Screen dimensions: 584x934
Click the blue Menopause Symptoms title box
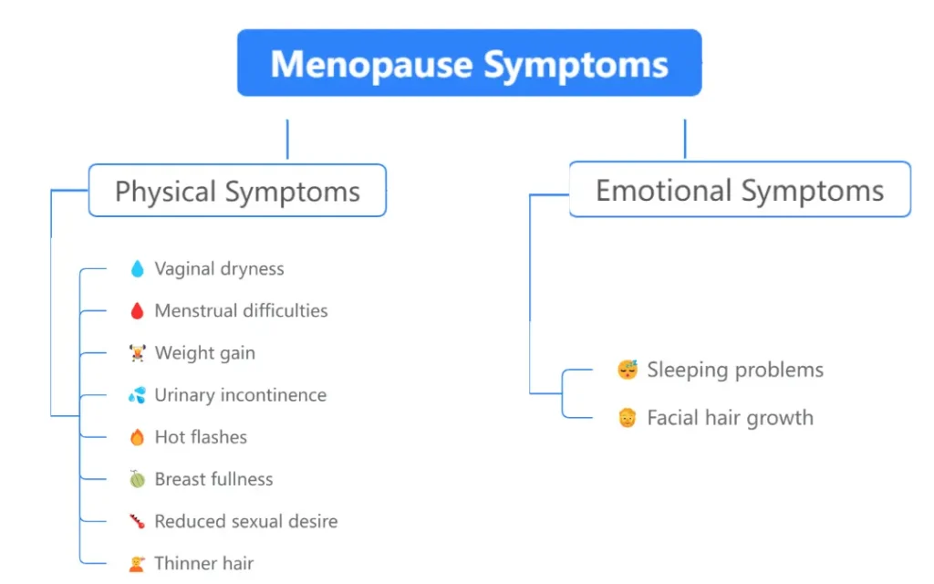[469, 63]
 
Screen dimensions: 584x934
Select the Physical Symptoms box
[237, 191]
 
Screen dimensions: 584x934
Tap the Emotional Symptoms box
[740, 190]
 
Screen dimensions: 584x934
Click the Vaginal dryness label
[219, 268]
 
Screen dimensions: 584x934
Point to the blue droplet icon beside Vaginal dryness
[137, 268]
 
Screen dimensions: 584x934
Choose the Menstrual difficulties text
[241, 310]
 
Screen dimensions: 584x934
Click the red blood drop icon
[137, 311]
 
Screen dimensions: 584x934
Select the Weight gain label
[204, 353]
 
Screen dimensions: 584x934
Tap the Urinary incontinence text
[240, 395]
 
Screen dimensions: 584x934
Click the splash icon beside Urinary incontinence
[137, 395]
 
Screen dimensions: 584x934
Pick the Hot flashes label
[201, 437]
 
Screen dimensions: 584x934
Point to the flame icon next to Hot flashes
[137, 437]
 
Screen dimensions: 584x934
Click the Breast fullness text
[213, 479]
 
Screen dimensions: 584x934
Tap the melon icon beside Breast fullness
[137, 479]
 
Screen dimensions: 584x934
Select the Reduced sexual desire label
[245, 521]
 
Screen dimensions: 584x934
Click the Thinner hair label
[203, 563]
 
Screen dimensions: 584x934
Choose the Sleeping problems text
[735, 370]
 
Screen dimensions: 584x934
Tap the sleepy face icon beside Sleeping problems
[627, 370]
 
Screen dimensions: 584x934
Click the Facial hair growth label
[730, 418]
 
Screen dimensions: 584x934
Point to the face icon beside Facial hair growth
[627, 418]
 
